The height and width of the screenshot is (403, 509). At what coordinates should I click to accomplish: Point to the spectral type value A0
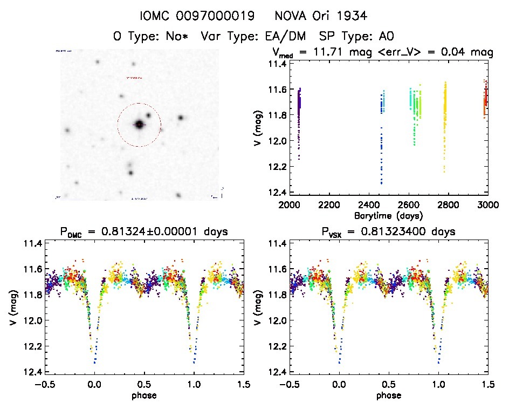pos(387,37)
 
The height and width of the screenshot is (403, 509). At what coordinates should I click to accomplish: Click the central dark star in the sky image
pos(139,125)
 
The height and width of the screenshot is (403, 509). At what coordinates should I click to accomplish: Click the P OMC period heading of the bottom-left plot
pos(144,232)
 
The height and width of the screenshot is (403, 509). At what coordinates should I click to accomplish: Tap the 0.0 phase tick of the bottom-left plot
pos(95,384)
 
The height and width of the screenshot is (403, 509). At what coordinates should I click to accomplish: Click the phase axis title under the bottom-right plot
pos(389,395)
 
